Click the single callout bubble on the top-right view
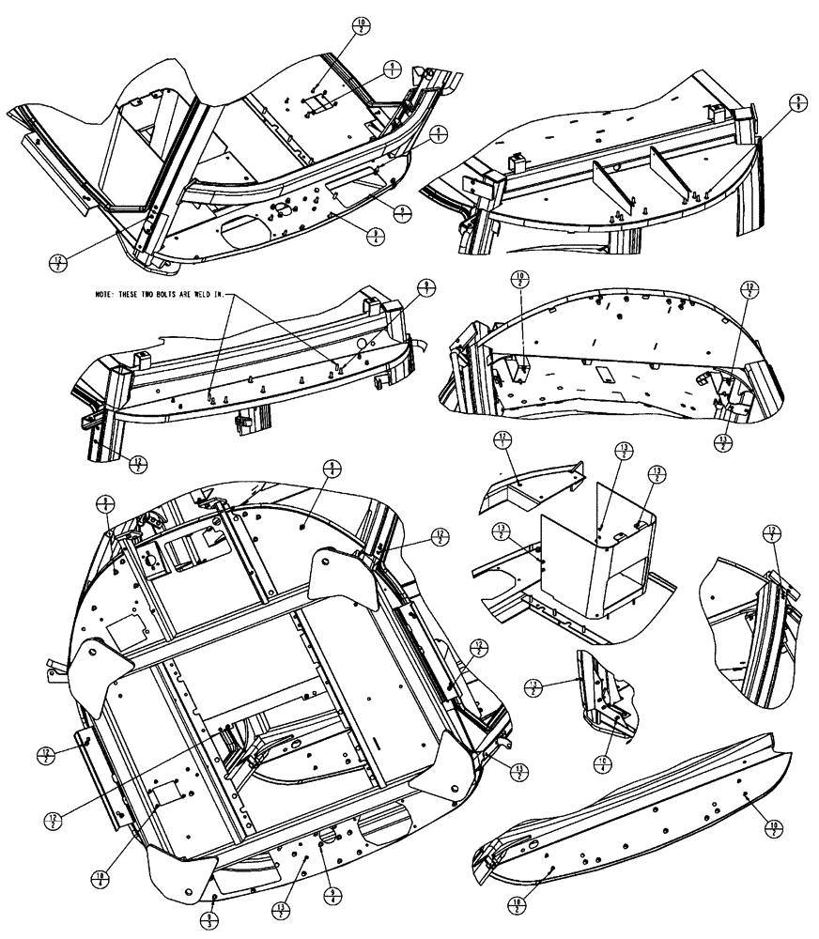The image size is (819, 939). pos(798,103)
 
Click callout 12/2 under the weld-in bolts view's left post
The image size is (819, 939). pos(138,464)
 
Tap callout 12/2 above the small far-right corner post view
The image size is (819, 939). pos(775,532)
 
